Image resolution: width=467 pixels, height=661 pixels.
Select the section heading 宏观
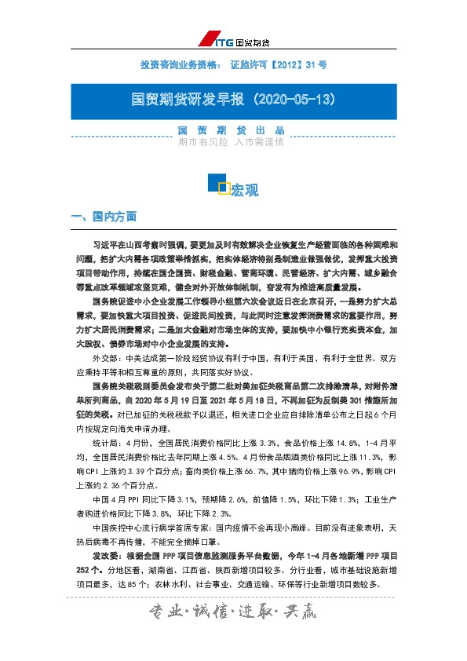point(246,191)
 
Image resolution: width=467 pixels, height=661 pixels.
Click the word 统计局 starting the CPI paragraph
point(104,443)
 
